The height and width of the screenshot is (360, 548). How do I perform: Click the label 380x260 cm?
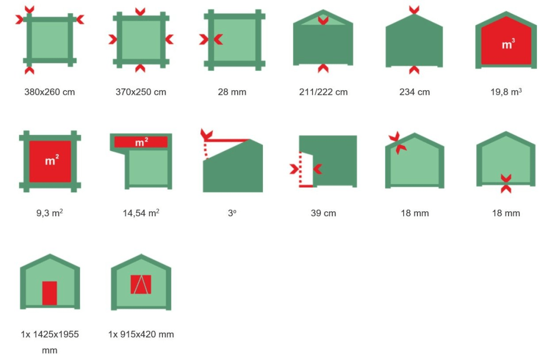(x=50, y=92)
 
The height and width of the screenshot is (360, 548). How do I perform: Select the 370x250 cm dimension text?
(x=141, y=92)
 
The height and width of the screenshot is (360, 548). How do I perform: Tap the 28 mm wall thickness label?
(x=232, y=92)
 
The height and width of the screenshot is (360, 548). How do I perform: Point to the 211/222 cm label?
(x=324, y=92)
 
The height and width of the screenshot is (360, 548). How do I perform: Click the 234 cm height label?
(x=415, y=92)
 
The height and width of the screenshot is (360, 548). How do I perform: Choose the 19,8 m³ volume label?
(x=506, y=92)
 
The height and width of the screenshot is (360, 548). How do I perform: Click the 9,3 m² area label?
(x=50, y=213)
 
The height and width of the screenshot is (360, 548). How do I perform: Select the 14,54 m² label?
(x=141, y=213)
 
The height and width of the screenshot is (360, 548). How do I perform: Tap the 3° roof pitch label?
(x=232, y=213)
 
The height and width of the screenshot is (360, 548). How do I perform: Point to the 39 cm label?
(x=324, y=213)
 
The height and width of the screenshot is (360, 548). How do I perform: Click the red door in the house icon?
(x=50, y=293)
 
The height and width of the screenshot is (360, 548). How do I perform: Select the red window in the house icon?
(x=141, y=285)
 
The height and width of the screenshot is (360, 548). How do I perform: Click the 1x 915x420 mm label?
(x=141, y=334)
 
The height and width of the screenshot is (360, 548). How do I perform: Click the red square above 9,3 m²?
(x=50, y=161)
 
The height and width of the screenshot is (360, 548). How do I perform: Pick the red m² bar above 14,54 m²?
(x=141, y=142)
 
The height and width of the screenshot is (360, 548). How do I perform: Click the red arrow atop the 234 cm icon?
(x=414, y=10)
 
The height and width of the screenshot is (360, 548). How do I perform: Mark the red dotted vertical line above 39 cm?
(x=300, y=169)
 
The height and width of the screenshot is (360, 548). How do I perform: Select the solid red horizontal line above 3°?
(x=227, y=141)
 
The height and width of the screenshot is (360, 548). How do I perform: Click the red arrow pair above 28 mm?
(x=211, y=40)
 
